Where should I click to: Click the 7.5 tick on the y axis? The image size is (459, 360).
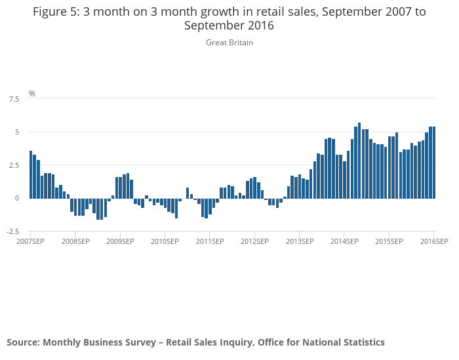14,99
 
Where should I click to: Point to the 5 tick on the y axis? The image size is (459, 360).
16,132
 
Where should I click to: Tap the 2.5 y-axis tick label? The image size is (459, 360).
14,165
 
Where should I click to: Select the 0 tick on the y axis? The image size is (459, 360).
16,198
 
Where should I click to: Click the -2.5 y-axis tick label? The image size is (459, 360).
12,231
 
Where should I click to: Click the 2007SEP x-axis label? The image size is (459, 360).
30,241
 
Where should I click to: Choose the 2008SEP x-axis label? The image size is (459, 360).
75,241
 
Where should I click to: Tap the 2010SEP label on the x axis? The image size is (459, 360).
165,241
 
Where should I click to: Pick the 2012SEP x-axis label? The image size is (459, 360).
254,241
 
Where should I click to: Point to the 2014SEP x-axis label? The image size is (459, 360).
344,241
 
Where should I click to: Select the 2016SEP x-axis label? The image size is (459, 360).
434,241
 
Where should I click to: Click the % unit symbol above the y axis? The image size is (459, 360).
32,94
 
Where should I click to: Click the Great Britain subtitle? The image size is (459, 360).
229,43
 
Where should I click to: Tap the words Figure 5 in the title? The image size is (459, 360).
55,11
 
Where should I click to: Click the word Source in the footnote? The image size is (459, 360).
22,342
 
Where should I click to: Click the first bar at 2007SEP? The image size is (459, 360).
31,174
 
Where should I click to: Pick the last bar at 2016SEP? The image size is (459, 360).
434,163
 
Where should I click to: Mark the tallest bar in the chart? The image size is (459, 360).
359,161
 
